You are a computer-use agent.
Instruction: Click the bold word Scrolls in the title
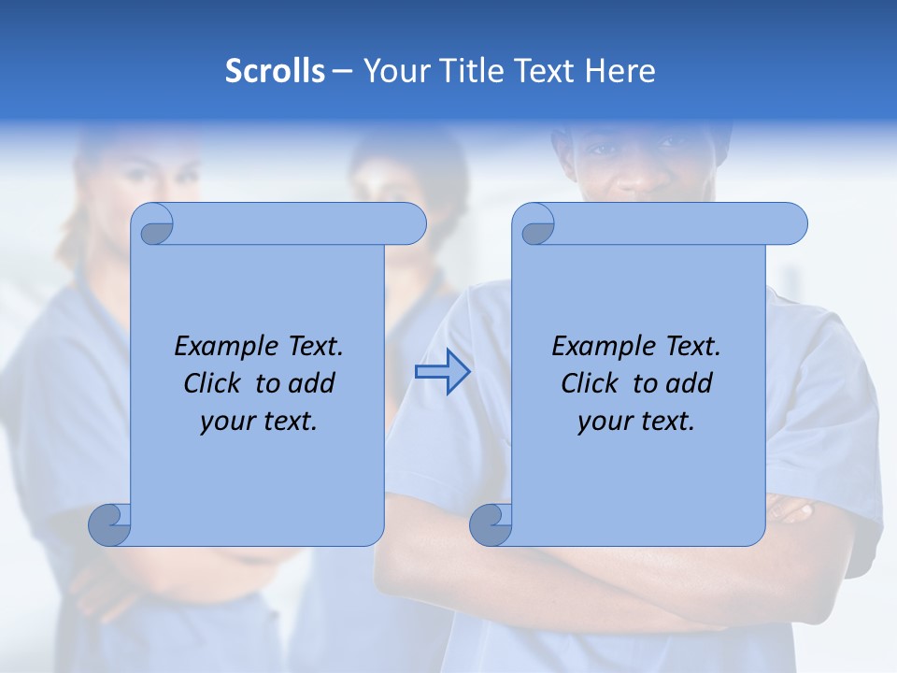click(x=275, y=70)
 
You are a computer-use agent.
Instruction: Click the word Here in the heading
click(x=619, y=70)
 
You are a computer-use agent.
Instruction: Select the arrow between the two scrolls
click(x=443, y=372)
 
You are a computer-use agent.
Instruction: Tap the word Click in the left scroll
click(x=205, y=383)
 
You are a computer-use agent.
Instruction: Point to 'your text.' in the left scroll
click(x=259, y=421)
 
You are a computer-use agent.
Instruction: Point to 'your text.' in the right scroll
click(x=636, y=421)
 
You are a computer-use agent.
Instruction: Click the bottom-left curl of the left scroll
click(x=110, y=524)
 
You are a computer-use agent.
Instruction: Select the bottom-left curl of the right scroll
click(x=491, y=524)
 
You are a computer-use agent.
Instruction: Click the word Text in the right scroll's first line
click(x=692, y=347)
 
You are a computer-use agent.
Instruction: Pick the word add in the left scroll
click(x=313, y=383)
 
